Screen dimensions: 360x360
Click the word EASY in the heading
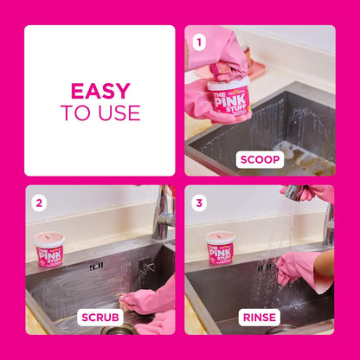coord(100,90)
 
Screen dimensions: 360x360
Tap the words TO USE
coord(100,112)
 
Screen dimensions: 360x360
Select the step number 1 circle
coord(199,41)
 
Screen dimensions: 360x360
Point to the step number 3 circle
coord(199,203)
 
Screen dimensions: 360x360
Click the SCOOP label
coord(260,159)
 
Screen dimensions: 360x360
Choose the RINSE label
coord(260,317)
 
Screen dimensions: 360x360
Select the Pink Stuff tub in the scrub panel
coord(49,250)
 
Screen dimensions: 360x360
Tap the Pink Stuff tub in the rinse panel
coord(222,250)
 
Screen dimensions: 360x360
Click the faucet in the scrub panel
coord(163,215)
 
